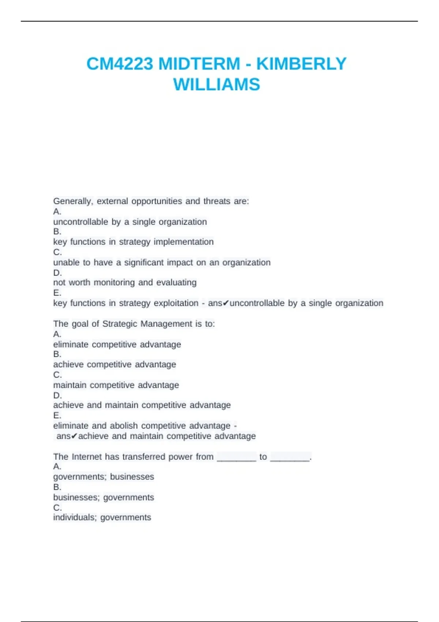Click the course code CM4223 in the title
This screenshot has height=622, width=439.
tap(120, 64)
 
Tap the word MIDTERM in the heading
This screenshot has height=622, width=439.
tap(199, 64)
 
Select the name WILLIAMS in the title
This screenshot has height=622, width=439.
tap(217, 85)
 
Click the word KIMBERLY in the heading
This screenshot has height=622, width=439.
tap(301, 64)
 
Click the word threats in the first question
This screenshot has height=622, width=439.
tap(217, 201)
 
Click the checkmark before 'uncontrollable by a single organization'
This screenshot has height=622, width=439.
tap(226, 303)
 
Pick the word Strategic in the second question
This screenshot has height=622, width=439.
tap(120, 324)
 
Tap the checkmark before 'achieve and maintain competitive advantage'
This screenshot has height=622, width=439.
tap(74, 436)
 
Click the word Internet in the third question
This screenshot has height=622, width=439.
tap(87, 457)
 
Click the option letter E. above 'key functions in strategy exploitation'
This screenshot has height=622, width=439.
tap(57, 293)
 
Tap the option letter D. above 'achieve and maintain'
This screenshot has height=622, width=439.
tap(57, 396)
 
